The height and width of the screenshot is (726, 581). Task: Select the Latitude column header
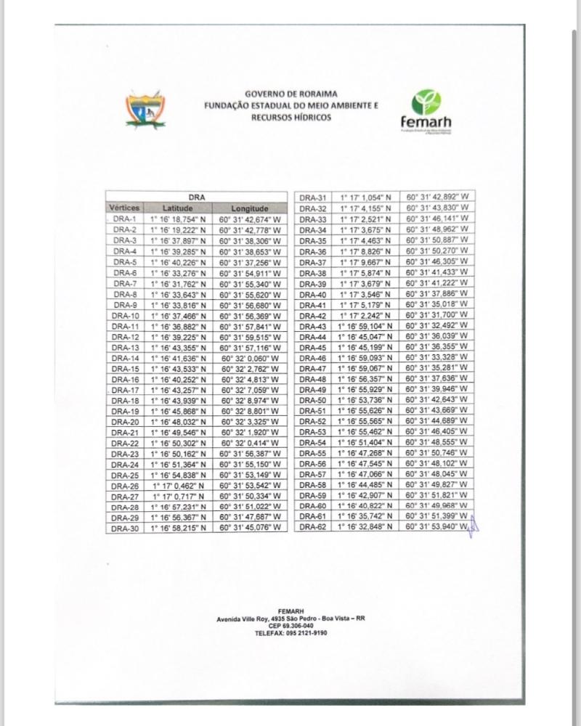(177, 208)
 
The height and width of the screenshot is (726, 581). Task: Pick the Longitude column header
(250, 208)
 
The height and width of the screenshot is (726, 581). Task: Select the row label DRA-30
(125, 529)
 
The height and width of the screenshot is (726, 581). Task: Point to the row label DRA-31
(314, 197)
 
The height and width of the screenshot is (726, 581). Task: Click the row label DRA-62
(314, 527)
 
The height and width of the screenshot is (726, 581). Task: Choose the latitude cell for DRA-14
(177, 358)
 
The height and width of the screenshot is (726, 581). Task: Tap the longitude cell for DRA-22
(250, 444)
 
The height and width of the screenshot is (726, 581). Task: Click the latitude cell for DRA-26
(177, 486)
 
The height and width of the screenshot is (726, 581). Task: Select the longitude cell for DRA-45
(436, 348)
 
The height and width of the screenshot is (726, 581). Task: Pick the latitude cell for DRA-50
(365, 401)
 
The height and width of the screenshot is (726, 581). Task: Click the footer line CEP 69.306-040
(290, 626)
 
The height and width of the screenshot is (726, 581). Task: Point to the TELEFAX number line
(290, 633)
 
